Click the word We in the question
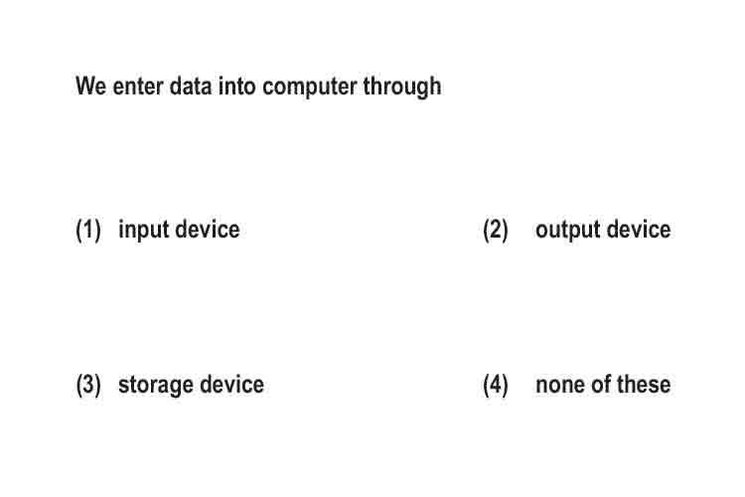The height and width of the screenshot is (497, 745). tap(90, 86)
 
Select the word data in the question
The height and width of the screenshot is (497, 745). tap(191, 86)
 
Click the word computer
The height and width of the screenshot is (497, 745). tap(309, 87)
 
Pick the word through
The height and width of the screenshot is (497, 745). tap(402, 87)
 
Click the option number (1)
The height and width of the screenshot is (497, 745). tap(88, 231)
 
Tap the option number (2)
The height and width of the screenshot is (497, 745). tap(496, 231)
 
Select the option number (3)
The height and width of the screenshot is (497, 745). tap(88, 385)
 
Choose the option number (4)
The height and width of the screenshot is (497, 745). tap(496, 385)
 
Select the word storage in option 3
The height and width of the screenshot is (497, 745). tap(156, 387)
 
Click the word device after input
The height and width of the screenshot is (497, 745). tap(208, 230)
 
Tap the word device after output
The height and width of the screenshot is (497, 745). tap(639, 230)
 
